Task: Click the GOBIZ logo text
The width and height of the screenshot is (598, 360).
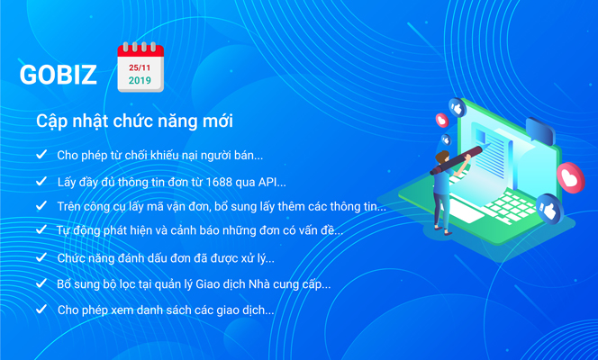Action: [x=58, y=74]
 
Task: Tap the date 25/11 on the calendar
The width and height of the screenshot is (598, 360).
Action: [x=140, y=67]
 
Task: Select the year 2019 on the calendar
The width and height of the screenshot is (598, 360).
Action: [x=140, y=80]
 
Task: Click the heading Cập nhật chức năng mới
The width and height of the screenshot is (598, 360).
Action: [x=134, y=121]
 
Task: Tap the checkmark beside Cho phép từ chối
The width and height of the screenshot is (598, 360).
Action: [x=41, y=154]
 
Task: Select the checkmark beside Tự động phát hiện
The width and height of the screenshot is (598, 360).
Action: [x=41, y=229]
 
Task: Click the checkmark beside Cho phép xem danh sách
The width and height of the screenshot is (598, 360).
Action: [x=41, y=309]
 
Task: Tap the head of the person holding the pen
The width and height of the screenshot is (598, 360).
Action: [x=442, y=157]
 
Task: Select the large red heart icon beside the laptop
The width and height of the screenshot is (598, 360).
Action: [x=571, y=178]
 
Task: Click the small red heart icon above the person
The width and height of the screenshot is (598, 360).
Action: [x=442, y=121]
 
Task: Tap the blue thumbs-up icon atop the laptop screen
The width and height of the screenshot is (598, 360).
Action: [x=458, y=109]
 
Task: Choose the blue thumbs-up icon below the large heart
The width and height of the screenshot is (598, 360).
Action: [x=549, y=209]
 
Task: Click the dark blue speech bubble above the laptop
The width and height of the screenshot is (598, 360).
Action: [x=540, y=130]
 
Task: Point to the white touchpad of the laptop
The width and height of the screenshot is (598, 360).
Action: [x=463, y=211]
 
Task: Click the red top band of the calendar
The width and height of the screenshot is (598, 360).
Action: [x=140, y=51]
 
